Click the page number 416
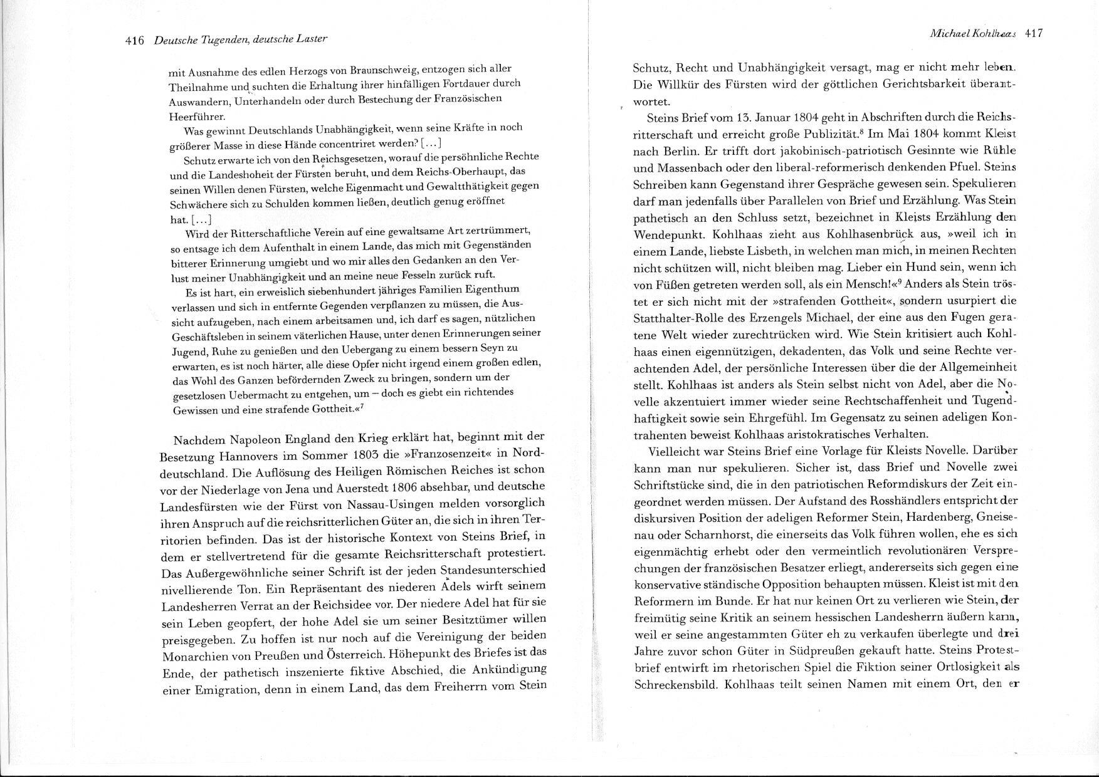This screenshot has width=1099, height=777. tap(135, 41)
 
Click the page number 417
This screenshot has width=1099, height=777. tap(1033, 34)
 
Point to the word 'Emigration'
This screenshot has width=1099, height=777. tap(235, 690)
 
